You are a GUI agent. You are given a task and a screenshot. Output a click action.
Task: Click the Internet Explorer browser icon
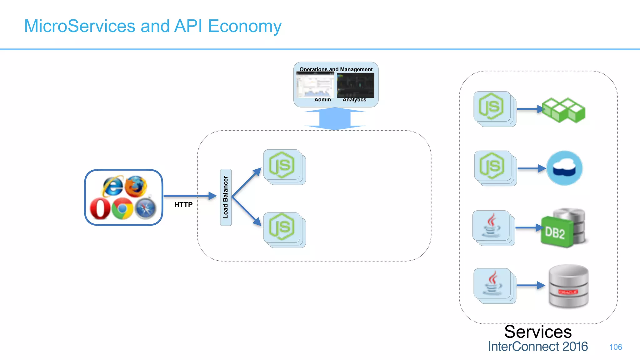112,186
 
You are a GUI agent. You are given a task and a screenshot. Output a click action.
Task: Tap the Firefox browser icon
136,186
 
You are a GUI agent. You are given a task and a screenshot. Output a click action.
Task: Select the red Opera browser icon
100,208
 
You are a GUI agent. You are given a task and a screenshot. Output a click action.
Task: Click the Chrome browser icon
122,208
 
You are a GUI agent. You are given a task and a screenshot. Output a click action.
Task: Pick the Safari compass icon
145,208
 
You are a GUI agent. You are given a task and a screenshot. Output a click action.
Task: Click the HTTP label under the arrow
183,205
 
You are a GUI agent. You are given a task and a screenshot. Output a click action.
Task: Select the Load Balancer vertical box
226,197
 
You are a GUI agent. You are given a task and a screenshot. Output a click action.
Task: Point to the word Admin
322,100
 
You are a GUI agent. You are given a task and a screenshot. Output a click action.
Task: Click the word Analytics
354,100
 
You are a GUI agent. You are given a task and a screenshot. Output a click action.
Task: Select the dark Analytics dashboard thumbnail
355,85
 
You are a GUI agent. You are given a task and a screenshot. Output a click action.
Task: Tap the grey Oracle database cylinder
568,286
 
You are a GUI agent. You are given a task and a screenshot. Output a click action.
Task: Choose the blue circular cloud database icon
564,168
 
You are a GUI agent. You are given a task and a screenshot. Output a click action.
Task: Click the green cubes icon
563,110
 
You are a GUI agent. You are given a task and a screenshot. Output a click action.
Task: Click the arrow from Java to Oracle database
531,285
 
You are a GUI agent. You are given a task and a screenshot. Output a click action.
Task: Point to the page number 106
615,347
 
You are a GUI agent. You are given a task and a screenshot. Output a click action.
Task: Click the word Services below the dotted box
538,332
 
